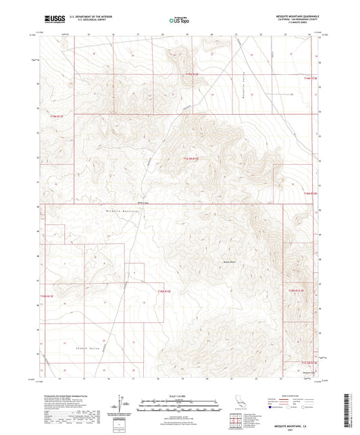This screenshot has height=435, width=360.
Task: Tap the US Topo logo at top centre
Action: pyautogui.click(x=179, y=21)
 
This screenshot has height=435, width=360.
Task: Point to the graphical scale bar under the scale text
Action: pyautogui.click(x=179, y=406)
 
